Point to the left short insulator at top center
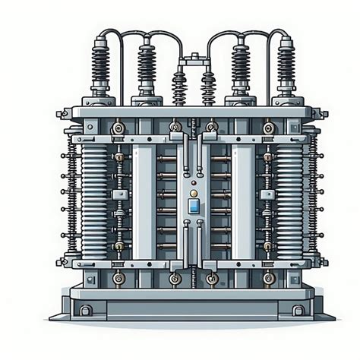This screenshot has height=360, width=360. [180, 87]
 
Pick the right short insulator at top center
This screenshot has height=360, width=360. [207, 87]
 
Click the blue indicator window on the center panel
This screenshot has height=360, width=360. [194, 207]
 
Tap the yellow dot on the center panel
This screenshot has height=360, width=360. [194, 194]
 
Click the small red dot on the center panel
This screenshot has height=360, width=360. [194, 182]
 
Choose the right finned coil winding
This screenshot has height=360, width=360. [290, 194]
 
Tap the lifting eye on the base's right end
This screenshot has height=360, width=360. [300, 309]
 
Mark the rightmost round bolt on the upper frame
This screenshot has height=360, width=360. [268, 128]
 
